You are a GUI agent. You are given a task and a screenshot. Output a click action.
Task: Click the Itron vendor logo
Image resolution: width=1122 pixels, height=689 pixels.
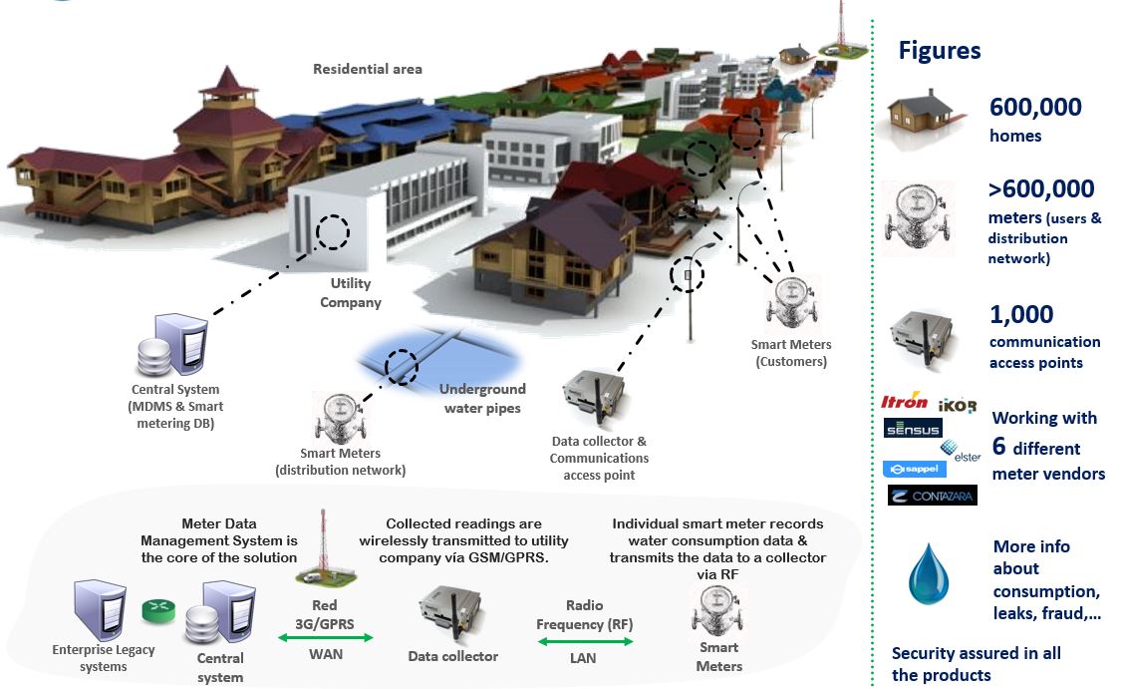(x=905, y=403)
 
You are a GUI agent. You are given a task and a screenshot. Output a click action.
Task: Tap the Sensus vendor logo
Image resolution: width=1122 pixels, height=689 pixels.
(x=913, y=428)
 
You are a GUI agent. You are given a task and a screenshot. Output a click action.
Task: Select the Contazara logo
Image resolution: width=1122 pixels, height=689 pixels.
(x=932, y=495)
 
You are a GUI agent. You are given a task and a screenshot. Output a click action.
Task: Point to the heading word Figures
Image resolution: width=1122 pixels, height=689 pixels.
(x=939, y=51)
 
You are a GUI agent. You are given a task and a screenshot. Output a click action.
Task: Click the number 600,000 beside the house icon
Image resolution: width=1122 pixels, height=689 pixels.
(x=1034, y=108)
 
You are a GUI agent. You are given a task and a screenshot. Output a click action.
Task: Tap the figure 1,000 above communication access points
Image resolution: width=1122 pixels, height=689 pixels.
(x=1020, y=315)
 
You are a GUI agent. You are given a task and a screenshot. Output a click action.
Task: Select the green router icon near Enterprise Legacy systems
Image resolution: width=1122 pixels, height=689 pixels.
(x=158, y=610)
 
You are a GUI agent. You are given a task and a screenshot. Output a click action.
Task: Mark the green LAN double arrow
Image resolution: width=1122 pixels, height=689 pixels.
(x=585, y=642)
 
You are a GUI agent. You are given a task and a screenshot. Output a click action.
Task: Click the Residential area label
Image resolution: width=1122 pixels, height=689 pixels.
(x=368, y=70)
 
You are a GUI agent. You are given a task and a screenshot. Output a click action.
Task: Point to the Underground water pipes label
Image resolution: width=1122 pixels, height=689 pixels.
(x=482, y=398)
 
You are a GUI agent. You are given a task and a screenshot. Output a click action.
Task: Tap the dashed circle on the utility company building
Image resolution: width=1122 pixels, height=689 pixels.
(x=333, y=232)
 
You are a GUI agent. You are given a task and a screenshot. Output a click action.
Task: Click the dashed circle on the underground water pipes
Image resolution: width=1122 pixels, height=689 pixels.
(x=402, y=366)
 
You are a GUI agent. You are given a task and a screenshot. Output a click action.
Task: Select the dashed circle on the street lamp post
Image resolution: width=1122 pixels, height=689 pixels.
(x=687, y=274)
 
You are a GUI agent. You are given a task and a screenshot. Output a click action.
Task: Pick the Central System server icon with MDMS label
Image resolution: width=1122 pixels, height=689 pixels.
(x=172, y=347)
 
